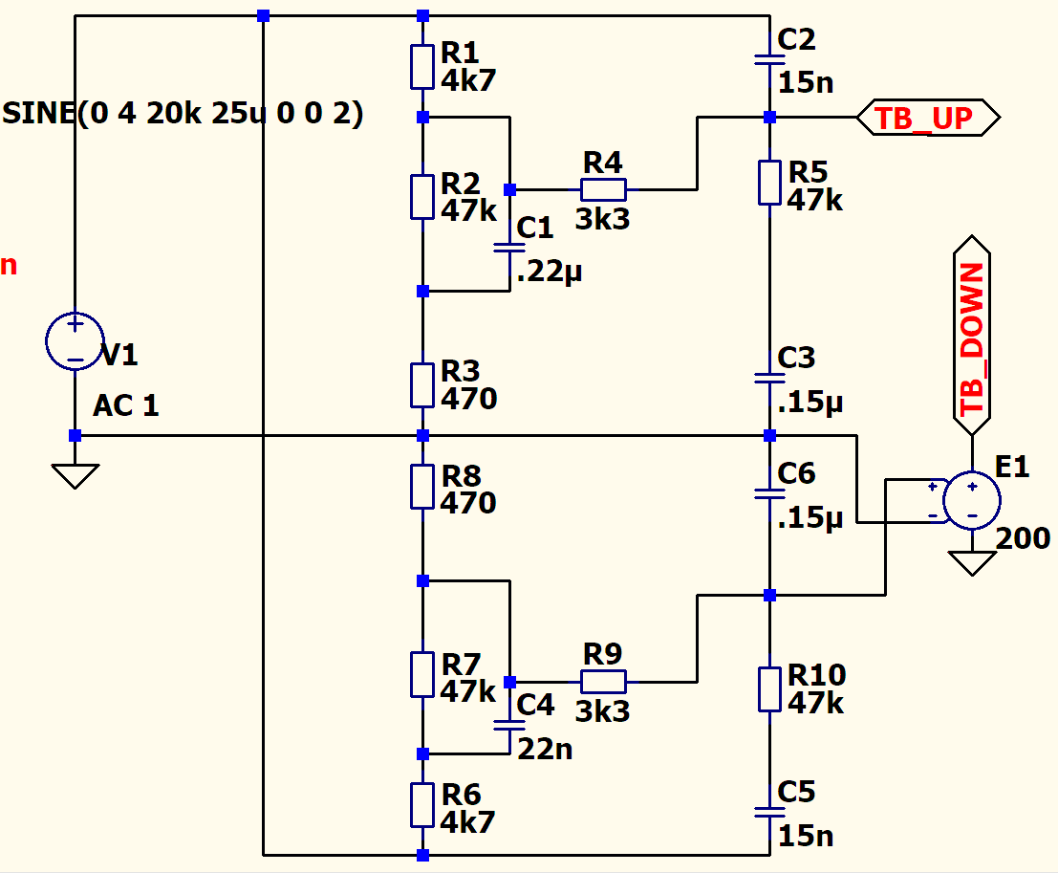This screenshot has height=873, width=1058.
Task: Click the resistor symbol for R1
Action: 422,67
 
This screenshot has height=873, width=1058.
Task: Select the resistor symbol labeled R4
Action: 603,189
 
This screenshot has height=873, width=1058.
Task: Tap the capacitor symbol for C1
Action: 509,248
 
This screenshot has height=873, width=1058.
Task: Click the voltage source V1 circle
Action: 75,341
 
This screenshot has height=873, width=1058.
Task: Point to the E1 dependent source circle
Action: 972,500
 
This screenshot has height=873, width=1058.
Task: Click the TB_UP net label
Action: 928,118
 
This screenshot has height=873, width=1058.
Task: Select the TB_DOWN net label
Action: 972,336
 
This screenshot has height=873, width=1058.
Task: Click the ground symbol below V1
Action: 75,476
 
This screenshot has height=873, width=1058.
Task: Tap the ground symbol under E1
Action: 972,563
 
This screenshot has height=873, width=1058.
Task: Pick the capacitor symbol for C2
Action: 770,60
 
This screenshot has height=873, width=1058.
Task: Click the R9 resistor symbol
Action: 603,682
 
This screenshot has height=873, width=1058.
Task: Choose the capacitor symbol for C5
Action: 770,812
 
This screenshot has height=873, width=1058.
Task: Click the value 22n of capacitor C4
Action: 545,750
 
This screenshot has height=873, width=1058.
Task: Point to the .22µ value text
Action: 549,272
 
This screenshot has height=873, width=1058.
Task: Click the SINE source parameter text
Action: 183,113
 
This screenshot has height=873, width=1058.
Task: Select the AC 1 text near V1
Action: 126,405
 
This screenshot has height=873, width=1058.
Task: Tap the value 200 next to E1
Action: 1023,538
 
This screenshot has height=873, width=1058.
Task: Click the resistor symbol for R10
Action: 770,689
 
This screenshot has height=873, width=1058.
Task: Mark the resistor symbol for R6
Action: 422,805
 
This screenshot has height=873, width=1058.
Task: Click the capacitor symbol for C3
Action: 770,378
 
